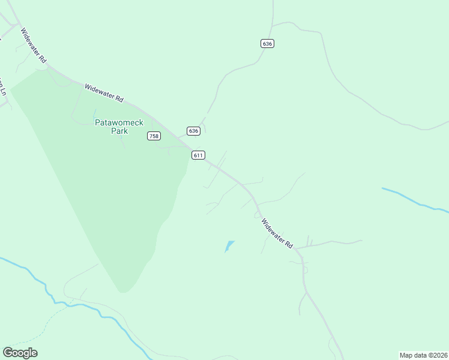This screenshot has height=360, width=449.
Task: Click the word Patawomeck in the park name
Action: [x=119, y=122]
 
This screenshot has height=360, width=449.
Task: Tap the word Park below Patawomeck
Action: [x=119, y=130]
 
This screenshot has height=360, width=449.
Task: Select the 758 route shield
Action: [x=154, y=136]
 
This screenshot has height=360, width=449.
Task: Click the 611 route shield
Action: [x=199, y=155]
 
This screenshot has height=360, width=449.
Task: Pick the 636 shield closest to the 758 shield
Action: [x=193, y=131]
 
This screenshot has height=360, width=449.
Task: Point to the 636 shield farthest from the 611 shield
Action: [x=268, y=43]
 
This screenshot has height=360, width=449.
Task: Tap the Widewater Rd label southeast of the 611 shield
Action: [x=277, y=233]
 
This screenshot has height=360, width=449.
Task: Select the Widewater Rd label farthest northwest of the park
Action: [x=33, y=46]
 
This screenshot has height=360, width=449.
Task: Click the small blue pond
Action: [x=229, y=245]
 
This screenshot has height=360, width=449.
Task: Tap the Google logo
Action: [x=20, y=353]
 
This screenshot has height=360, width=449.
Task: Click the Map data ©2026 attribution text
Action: [x=423, y=355]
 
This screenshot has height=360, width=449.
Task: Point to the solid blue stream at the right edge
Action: [x=414, y=200]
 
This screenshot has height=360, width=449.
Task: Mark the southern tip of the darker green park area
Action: [x=122, y=291]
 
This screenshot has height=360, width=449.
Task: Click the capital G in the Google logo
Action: [x=8, y=353]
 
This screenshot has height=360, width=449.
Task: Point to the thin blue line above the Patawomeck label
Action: [x=94, y=113]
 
